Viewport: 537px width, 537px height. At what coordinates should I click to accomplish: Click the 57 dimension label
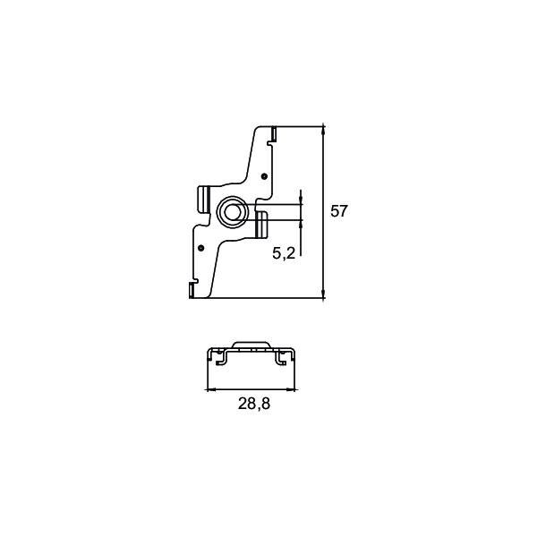point(338,211)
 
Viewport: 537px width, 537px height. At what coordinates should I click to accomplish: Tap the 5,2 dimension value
point(284,253)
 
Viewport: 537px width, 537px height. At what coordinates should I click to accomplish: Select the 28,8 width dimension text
point(254,404)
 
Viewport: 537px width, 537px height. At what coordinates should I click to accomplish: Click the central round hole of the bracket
point(232,212)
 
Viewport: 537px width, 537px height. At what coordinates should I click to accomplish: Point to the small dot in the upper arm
point(264,176)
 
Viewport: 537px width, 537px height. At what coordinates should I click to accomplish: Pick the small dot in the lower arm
point(201,248)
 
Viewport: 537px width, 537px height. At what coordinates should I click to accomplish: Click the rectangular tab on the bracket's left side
point(204,200)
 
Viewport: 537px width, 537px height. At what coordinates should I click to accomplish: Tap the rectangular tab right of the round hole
point(261,225)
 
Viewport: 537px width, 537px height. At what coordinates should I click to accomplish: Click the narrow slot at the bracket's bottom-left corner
point(192,290)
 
